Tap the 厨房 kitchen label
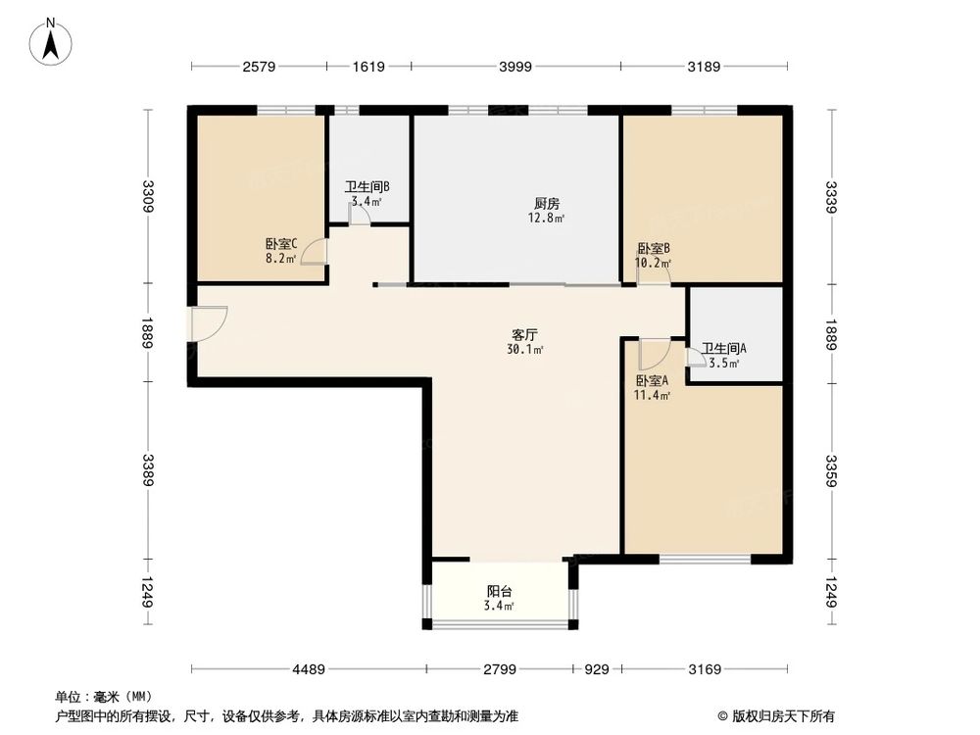pos(547,204)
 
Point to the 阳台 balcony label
pos(500,591)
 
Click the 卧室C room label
pos(281,244)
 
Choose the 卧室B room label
pos(653,249)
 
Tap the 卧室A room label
pos(652,381)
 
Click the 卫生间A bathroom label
pos(724,348)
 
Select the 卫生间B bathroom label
pos(367,186)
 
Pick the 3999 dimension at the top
pos(514,67)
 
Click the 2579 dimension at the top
pos(259,67)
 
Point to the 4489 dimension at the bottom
pos(308,669)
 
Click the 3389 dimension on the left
pos(148,469)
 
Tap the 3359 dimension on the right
pos(832,469)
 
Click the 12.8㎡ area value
pos(547,219)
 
